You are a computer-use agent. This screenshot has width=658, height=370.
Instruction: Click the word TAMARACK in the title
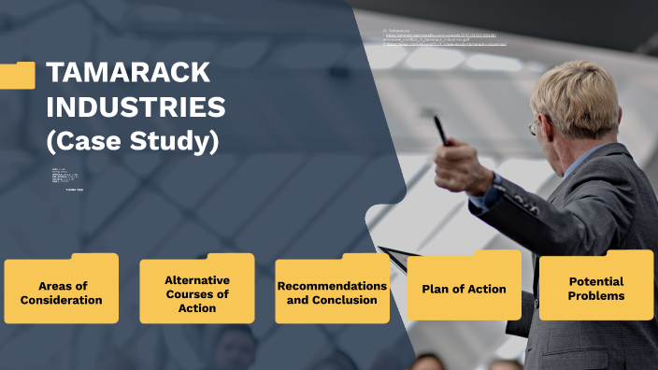click(x=128, y=73)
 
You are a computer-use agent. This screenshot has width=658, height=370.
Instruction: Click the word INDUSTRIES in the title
click(x=136, y=107)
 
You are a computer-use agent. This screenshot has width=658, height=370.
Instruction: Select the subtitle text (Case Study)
click(x=132, y=141)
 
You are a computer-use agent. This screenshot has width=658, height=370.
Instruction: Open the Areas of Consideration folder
click(x=61, y=291)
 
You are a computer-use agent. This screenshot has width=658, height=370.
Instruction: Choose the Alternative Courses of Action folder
click(x=196, y=292)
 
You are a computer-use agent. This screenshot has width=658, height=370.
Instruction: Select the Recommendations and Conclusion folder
click(x=332, y=291)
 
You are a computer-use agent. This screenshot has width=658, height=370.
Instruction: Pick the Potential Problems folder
click(x=596, y=287)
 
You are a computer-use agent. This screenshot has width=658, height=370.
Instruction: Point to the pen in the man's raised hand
click(x=439, y=129)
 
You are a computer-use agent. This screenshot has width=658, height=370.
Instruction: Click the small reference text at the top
click(x=444, y=40)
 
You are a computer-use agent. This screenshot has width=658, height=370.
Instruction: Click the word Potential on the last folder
click(x=596, y=281)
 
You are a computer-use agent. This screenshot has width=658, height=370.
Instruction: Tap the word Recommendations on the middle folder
click(x=332, y=285)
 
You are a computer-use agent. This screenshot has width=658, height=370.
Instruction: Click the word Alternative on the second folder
click(x=196, y=279)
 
